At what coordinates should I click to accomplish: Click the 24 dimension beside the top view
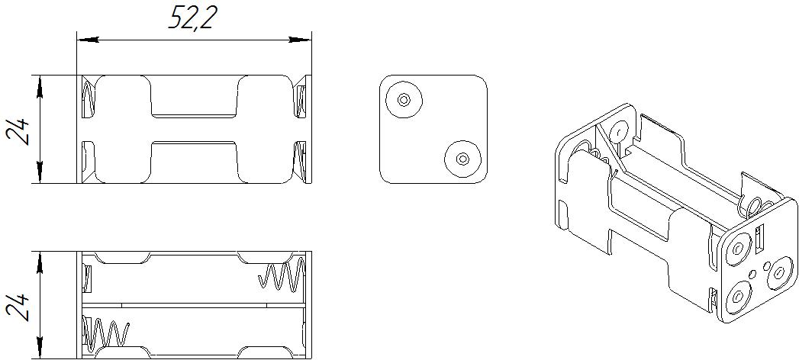coord(20,130)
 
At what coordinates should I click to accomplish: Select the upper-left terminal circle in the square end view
coord(403,99)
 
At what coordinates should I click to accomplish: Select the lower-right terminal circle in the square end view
coord(462,159)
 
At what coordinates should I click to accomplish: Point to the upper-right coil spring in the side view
coord(282,276)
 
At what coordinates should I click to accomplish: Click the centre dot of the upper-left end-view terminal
coord(403,99)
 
